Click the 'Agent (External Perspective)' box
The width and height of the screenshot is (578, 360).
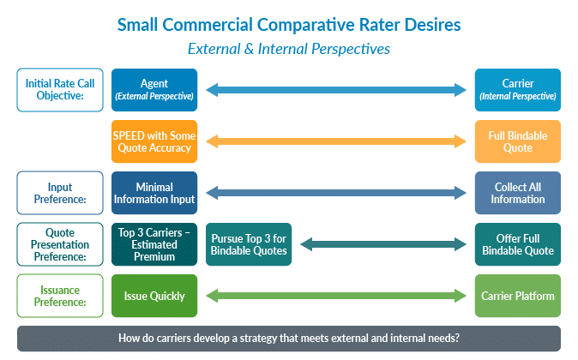tap(154, 90)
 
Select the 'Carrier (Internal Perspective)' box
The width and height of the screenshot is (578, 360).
tap(518, 90)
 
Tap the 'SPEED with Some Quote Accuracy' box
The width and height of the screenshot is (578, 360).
tap(154, 141)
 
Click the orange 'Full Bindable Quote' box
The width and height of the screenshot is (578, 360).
tap(518, 141)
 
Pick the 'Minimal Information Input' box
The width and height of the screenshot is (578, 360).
tap(154, 193)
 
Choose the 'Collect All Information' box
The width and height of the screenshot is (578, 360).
tap(518, 193)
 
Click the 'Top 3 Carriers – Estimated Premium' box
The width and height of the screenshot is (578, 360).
tap(154, 244)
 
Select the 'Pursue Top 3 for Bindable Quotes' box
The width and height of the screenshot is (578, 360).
tap(249, 244)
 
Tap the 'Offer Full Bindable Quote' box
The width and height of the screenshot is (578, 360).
tap(518, 244)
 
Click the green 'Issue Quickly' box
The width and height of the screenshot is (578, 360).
tap(154, 296)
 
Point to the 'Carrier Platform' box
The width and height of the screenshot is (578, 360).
tap(518, 296)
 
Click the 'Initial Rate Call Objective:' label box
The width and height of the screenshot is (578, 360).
tap(60, 90)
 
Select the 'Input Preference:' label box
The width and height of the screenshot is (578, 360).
tap(60, 193)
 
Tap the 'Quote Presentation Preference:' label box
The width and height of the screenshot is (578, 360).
tap(60, 244)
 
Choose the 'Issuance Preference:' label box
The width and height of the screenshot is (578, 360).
tap(60, 296)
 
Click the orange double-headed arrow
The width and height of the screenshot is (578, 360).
tap(336, 141)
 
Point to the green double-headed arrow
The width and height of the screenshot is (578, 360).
tap(336, 296)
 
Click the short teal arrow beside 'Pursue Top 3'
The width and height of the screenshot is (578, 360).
tap(383, 244)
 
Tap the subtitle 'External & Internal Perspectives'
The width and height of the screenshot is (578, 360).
tap(289, 49)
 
